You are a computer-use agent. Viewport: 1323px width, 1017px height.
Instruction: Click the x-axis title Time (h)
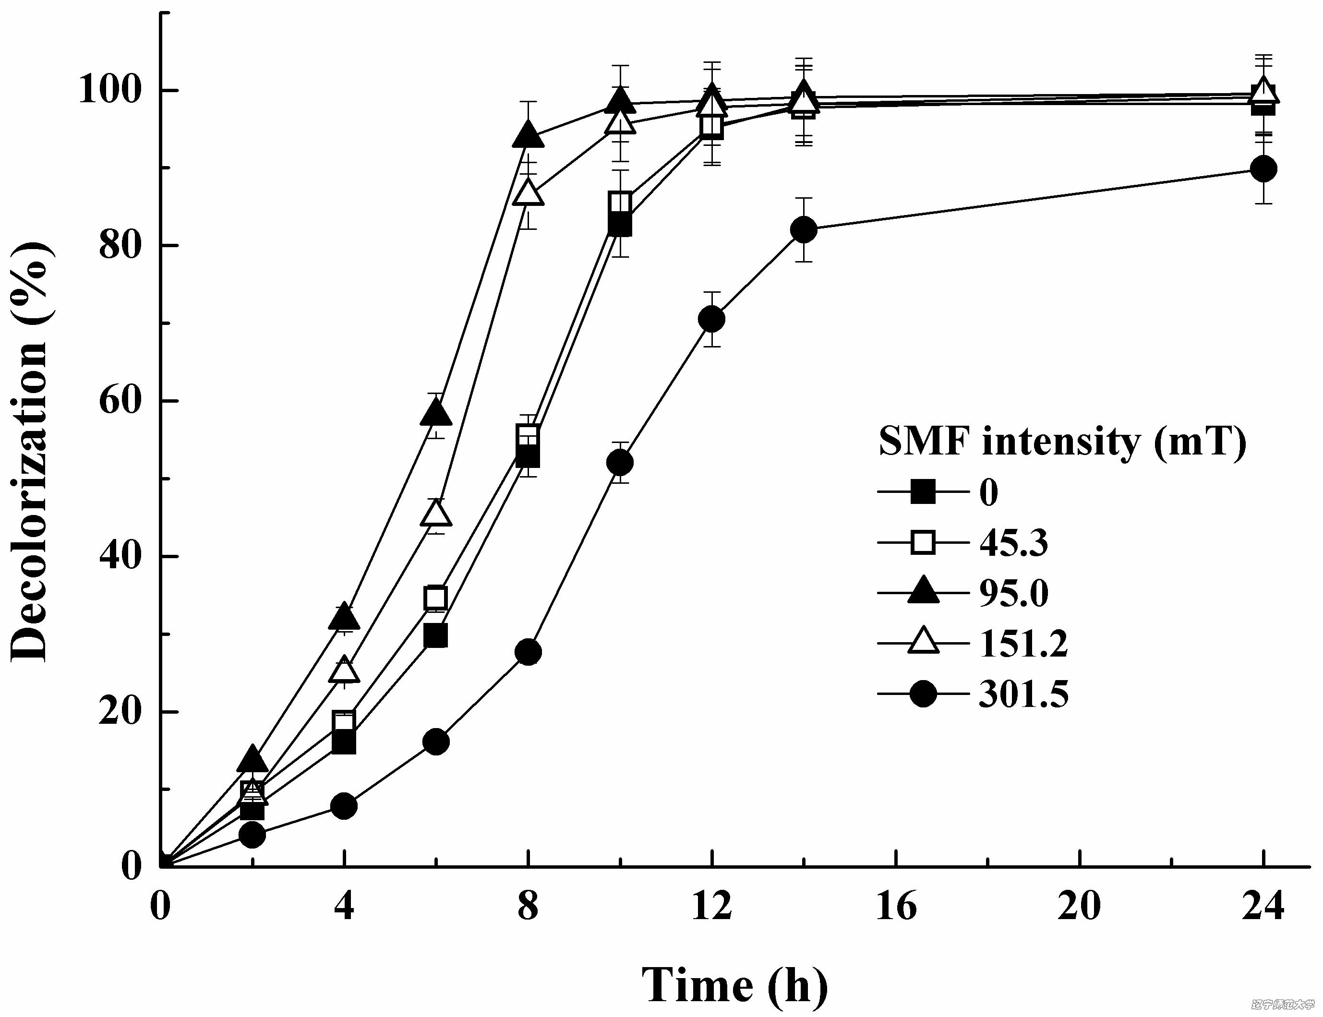(x=734, y=985)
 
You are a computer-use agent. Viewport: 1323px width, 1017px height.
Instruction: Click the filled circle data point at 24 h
(x=1263, y=168)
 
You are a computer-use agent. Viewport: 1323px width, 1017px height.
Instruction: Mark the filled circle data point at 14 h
(x=804, y=230)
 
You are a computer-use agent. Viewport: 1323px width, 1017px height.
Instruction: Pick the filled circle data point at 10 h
(x=619, y=463)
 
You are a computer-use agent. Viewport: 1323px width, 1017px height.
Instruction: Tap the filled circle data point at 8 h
(x=528, y=652)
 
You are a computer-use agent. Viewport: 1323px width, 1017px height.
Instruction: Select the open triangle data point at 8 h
(x=528, y=193)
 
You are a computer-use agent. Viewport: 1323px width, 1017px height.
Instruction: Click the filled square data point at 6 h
(x=436, y=636)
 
